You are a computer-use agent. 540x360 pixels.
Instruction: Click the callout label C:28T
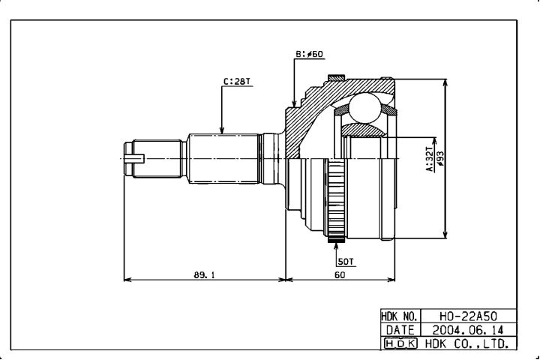pos(237,82)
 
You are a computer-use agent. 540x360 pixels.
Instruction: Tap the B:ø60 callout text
pos(309,55)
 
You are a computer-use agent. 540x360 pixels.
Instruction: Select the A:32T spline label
pos(429,159)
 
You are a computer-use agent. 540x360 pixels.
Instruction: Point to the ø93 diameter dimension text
pos(439,159)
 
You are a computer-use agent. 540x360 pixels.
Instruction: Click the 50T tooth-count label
pos(346,262)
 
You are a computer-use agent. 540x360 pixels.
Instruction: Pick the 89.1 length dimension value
pos(204,275)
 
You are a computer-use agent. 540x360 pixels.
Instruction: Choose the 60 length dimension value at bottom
pos(340,275)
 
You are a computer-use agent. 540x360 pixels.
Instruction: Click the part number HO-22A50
pos(468,316)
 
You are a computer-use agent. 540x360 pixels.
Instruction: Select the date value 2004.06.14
pos(468,330)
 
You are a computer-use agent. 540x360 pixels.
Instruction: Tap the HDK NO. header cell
pos(400,316)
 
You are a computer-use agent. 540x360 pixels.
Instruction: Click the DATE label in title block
pos(400,330)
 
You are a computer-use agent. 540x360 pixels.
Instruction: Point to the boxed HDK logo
pos(400,343)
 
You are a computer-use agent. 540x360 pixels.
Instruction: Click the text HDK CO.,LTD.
pos(467,343)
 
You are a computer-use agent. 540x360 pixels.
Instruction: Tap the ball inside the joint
pos(365,108)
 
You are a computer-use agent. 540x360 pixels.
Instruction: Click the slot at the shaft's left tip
pos(135,158)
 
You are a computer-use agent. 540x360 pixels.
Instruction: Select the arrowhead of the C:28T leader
pos(222,130)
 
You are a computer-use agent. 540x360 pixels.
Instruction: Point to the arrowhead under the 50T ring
pos(336,246)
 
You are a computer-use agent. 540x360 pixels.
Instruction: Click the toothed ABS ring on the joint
pos(334,199)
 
